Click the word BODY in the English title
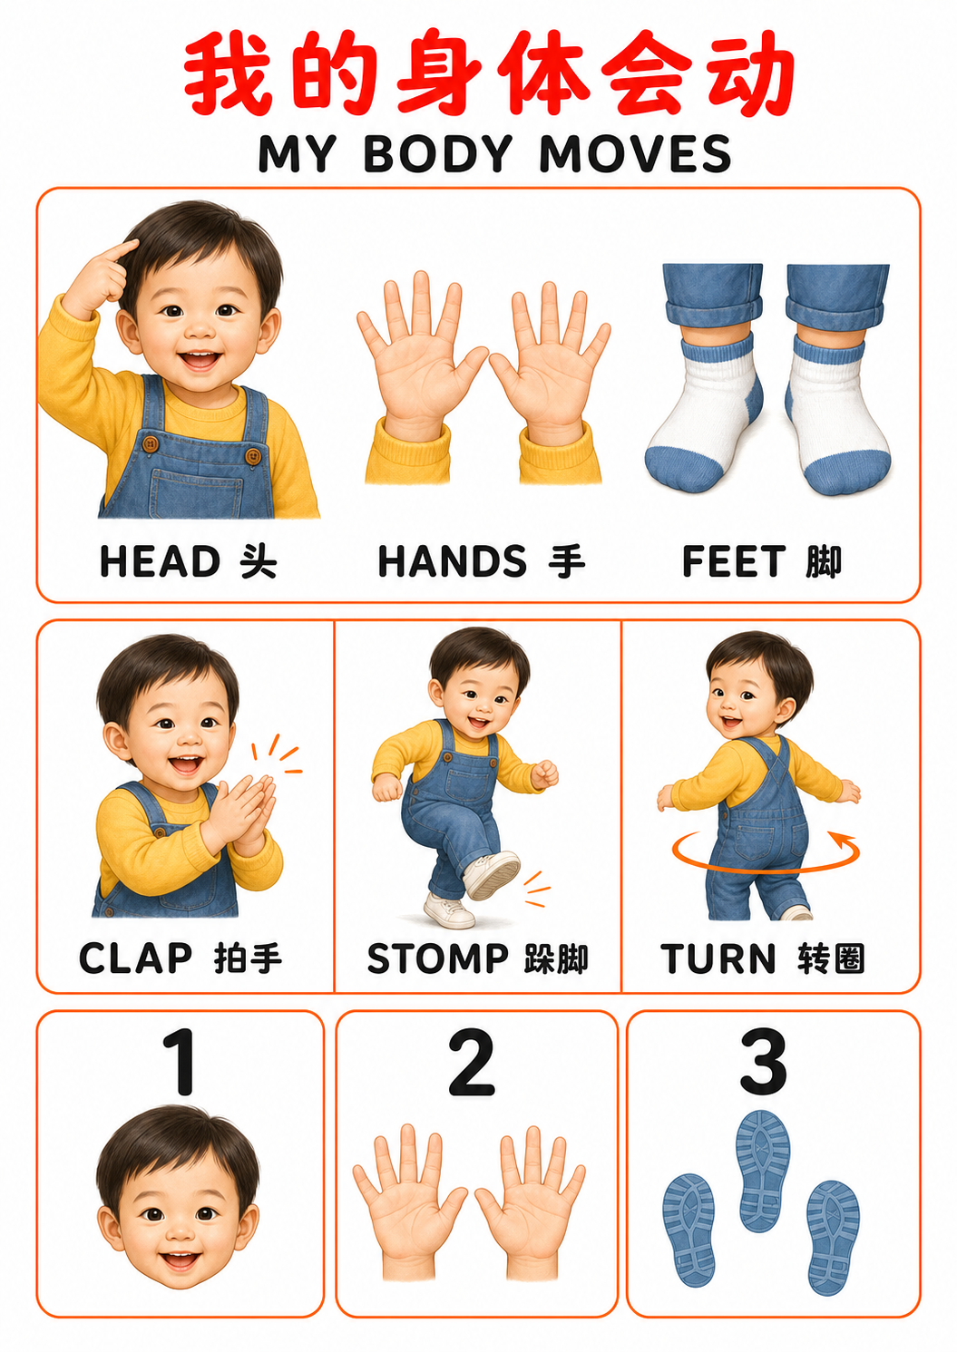click(x=438, y=153)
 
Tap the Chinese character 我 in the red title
click(x=228, y=73)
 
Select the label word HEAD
click(x=160, y=562)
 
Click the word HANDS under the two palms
click(x=453, y=562)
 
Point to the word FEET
click(x=734, y=562)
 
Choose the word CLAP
click(x=135, y=958)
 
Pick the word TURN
click(x=718, y=958)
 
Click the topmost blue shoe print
click(x=763, y=1171)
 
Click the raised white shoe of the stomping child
click(x=492, y=874)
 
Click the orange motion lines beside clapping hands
click(x=276, y=754)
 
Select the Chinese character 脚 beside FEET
click(x=824, y=562)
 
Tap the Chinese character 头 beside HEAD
click(x=259, y=562)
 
